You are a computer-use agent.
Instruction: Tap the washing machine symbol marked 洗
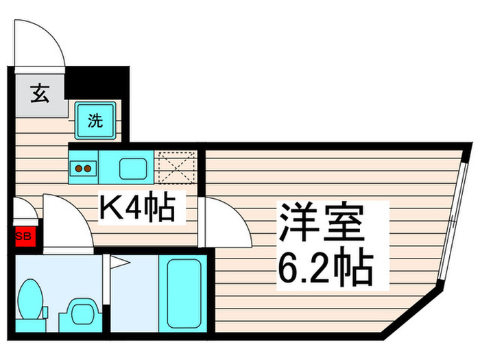[x=95, y=121]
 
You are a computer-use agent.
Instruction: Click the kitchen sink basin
[x=130, y=167]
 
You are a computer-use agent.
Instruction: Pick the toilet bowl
[x=31, y=300]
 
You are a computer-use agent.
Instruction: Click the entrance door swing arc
[x=43, y=41]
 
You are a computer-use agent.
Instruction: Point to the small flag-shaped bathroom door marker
[x=117, y=261]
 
